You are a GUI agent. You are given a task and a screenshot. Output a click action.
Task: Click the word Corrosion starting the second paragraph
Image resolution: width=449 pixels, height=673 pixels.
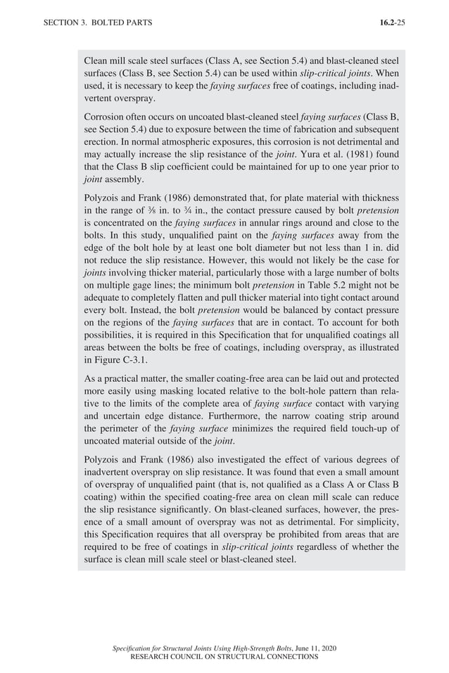point(105,117)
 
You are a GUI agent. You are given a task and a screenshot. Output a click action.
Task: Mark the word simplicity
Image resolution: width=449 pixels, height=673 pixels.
point(372,523)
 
